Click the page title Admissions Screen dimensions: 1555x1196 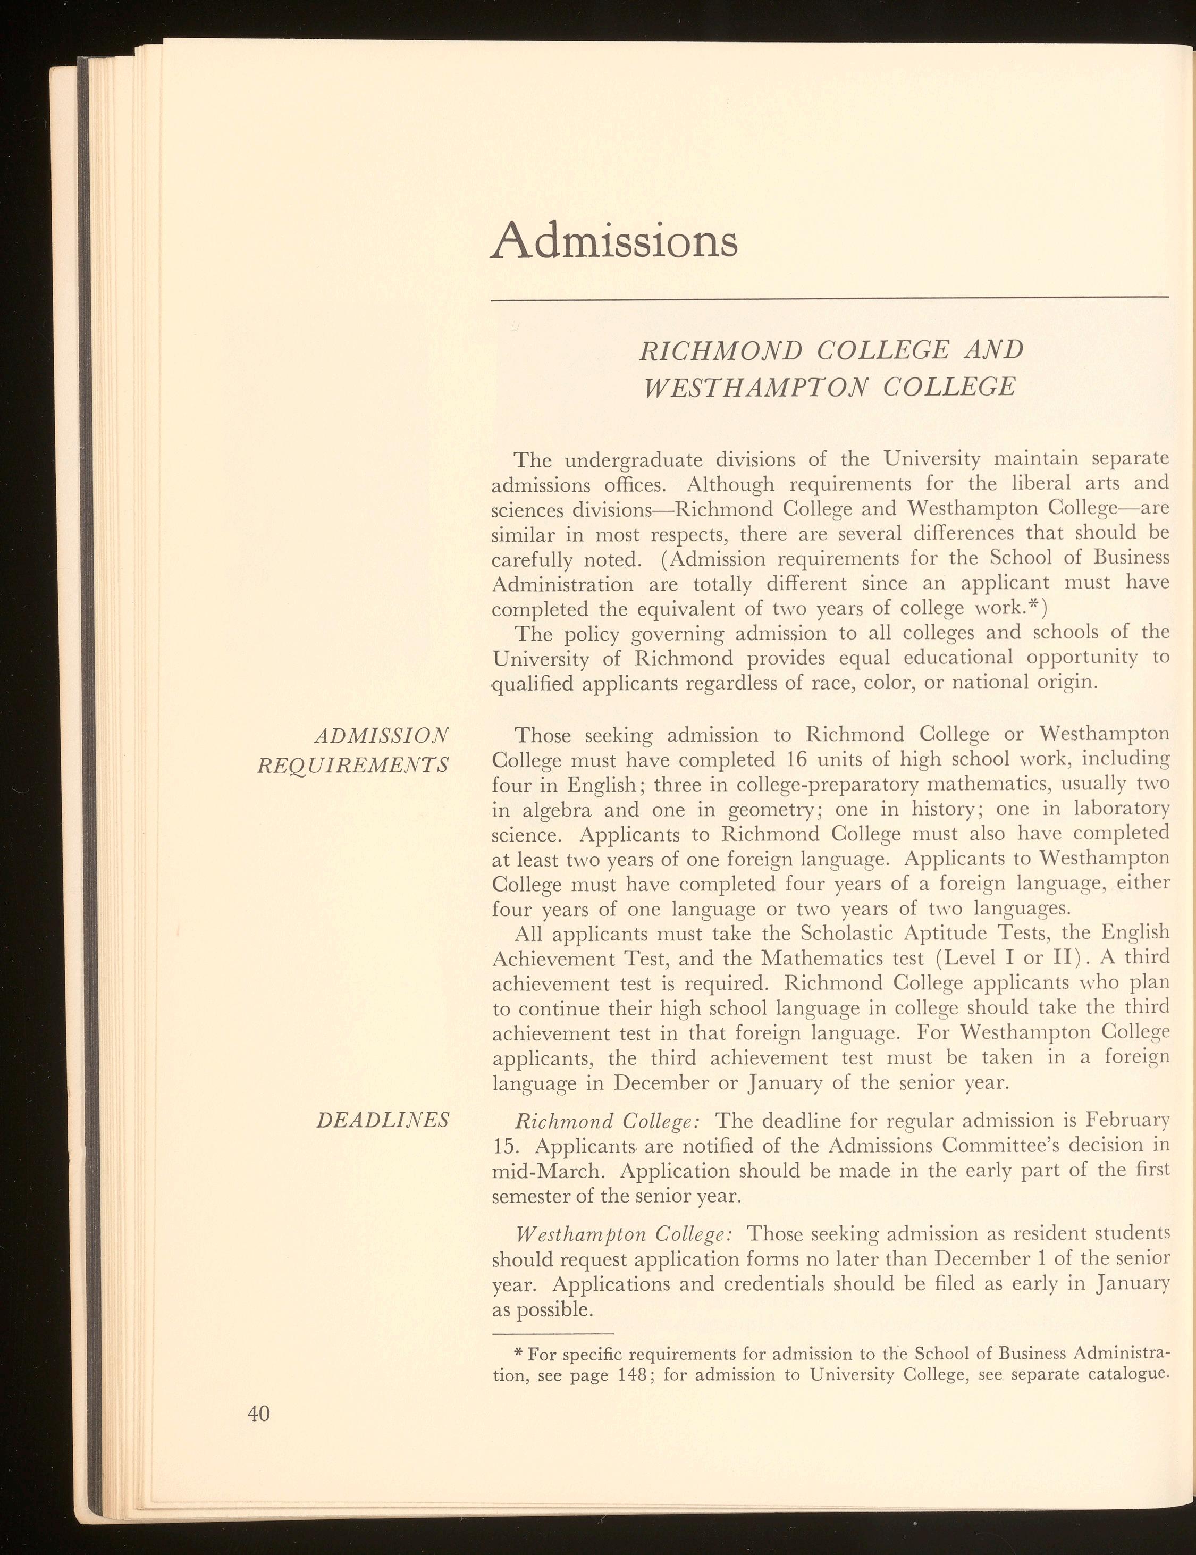614,241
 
